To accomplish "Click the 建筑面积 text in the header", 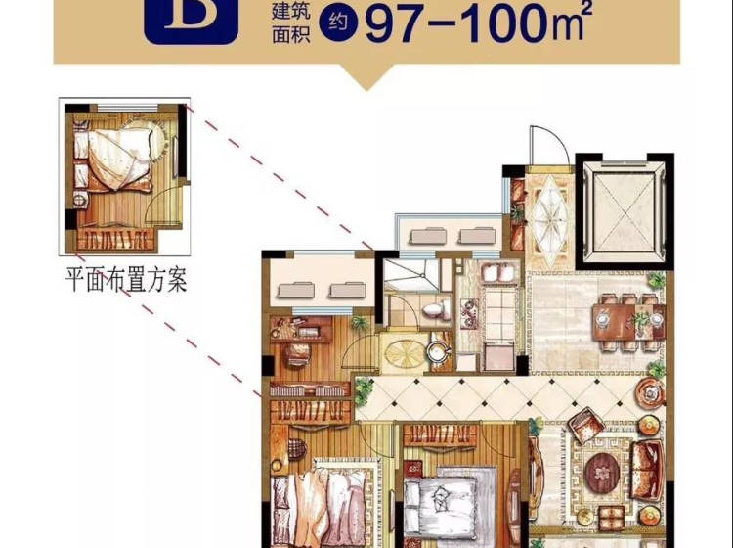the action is pyautogui.click(x=291, y=23).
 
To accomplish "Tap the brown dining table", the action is pyautogui.click(x=628, y=322).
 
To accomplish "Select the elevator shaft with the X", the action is pyautogui.click(x=625, y=211).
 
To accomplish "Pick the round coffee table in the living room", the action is pyautogui.click(x=602, y=472).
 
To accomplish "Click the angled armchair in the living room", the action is pyautogui.click(x=585, y=425).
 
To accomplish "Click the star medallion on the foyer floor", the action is pyautogui.click(x=549, y=216).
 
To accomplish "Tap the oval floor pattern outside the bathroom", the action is pyautogui.click(x=405, y=352).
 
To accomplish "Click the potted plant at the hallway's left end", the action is pyautogui.click(x=364, y=390).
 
